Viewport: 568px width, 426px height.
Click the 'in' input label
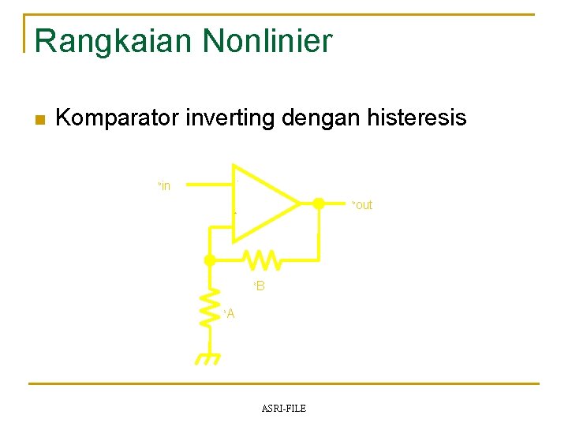pos(165,186)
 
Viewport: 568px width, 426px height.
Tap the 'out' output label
pos(362,205)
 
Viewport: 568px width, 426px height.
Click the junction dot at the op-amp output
pos(318,204)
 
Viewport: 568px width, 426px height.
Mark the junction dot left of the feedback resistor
pos(210,260)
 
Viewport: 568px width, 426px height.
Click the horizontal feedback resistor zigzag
pos(259,259)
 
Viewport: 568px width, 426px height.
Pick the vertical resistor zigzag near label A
pos(210,307)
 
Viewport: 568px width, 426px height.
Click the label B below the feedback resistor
pos(260,286)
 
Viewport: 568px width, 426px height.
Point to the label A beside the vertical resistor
pos(230,314)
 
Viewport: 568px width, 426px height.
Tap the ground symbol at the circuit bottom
pos(208,358)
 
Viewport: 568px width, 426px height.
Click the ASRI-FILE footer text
pos(283,408)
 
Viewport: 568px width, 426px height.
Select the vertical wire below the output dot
pos(318,235)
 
